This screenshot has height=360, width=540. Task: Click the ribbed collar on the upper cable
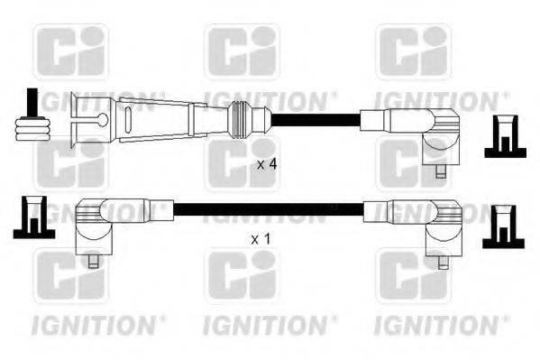point(241,117)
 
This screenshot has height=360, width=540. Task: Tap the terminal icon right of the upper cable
point(505,137)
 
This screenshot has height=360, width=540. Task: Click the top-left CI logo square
point(70,51)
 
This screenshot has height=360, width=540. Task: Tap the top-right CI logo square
point(413,51)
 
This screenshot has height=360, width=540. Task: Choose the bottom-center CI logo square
point(242,276)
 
